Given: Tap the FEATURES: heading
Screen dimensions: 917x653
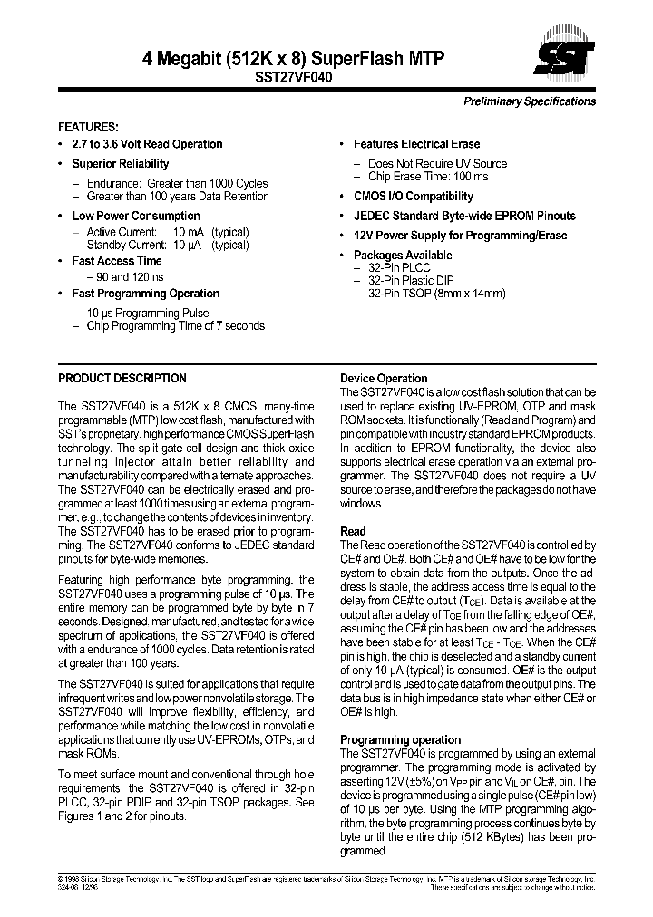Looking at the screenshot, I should [88, 127].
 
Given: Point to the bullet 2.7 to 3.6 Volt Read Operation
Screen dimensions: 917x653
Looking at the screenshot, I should [147, 144].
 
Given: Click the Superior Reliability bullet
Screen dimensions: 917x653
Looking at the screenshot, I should [121, 164].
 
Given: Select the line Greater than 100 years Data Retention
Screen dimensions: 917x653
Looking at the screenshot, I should [178, 196].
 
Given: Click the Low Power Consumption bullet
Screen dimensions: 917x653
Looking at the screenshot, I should [136, 216].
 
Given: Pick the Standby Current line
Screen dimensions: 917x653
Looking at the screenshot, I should [168, 245].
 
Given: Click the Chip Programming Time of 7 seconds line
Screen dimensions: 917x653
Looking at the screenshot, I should [176, 326].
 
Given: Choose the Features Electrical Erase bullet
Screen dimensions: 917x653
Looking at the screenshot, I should [416, 144].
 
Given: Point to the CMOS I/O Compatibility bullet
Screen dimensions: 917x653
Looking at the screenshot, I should [413, 196].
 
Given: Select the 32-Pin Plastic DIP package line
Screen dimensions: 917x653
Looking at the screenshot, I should [411, 281].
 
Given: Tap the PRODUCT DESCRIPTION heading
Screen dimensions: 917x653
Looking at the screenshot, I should [122, 378].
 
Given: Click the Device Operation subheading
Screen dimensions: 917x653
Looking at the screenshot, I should [384, 379].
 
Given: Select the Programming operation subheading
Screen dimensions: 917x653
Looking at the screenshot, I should [400, 739].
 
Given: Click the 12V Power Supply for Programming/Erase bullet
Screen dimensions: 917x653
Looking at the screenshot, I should [460, 236].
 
